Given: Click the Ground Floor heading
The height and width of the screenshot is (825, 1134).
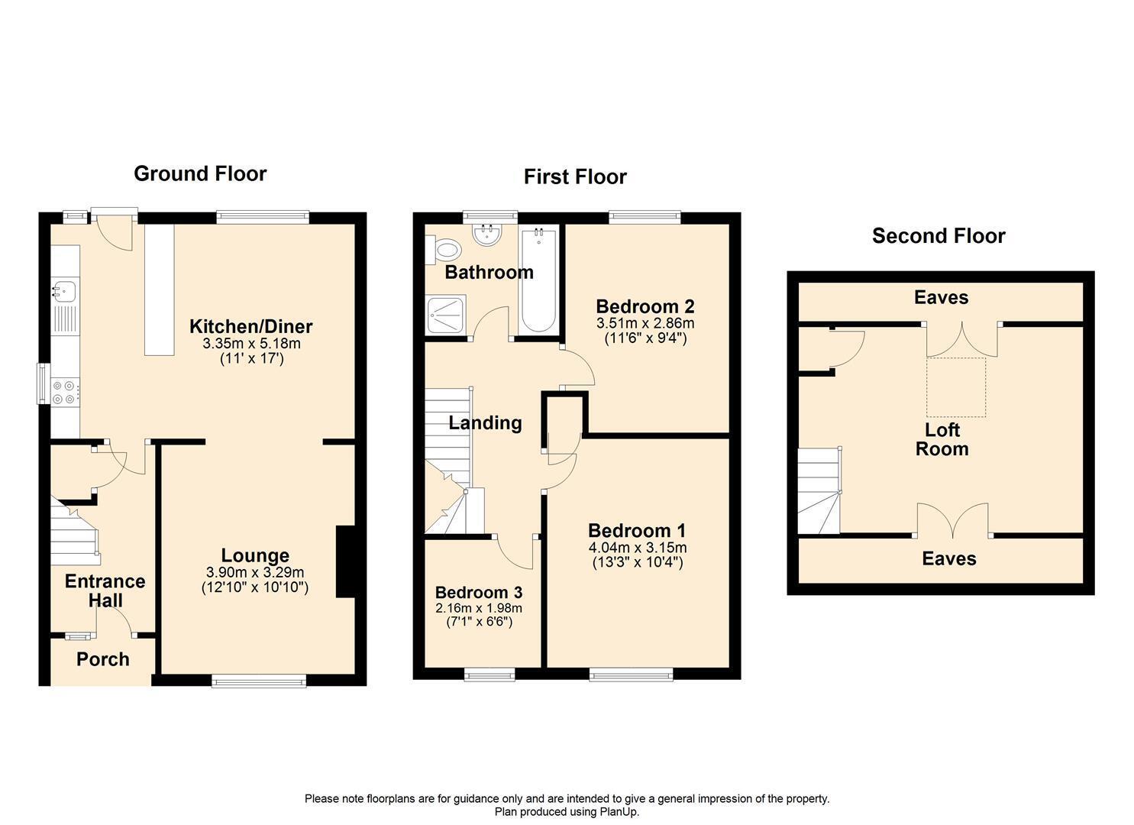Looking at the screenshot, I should (x=200, y=173).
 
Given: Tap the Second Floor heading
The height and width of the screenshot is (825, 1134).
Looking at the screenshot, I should (x=939, y=236).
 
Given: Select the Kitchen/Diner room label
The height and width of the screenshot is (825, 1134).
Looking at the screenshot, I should (x=250, y=327).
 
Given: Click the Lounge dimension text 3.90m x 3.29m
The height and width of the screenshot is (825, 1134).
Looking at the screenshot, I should (x=254, y=572).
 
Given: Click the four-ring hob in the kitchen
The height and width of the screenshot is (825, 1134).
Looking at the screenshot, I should (x=64, y=392).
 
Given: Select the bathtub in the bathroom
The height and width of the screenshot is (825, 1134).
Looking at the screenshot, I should (x=539, y=280).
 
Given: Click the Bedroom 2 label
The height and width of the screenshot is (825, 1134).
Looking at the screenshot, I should (x=645, y=306).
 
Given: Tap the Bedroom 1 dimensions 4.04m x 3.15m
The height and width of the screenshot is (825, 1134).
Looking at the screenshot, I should (x=637, y=548).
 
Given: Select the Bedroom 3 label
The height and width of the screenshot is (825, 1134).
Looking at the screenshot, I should (x=479, y=592).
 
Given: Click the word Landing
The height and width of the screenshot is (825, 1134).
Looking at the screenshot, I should (x=485, y=422).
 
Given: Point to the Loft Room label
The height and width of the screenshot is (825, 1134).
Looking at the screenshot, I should (x=942, y=439).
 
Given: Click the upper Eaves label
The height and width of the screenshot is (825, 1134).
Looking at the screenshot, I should (x=941, y=298).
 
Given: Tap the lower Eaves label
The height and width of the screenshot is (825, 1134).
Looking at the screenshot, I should (x=948, y=558).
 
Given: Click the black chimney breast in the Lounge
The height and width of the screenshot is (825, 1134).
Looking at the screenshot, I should (x=345, y=561).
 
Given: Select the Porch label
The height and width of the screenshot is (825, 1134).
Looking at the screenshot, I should (x=102, y=659).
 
